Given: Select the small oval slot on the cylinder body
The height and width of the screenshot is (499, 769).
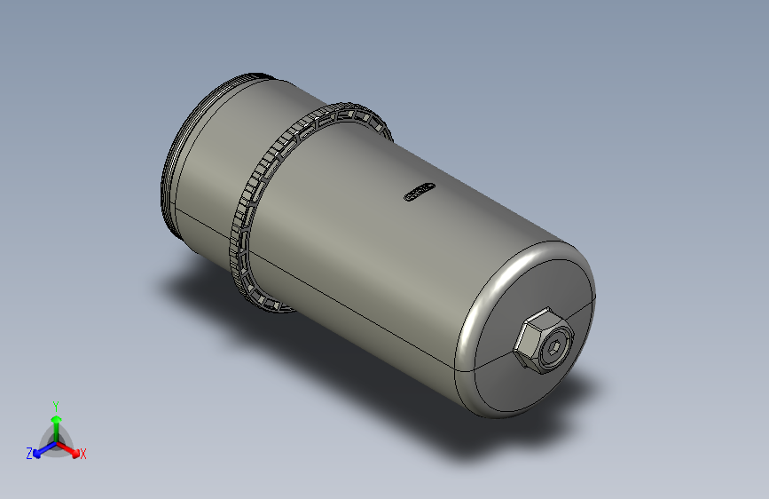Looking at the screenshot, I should pos(417,192).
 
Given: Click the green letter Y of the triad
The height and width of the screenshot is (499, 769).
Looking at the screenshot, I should pos(55,404).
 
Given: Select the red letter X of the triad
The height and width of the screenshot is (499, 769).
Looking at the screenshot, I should pos(83,454).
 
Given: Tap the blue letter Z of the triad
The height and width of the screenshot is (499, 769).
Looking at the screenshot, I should pos(29,453).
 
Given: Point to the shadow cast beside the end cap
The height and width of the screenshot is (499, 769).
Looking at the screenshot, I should pos(577,391).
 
